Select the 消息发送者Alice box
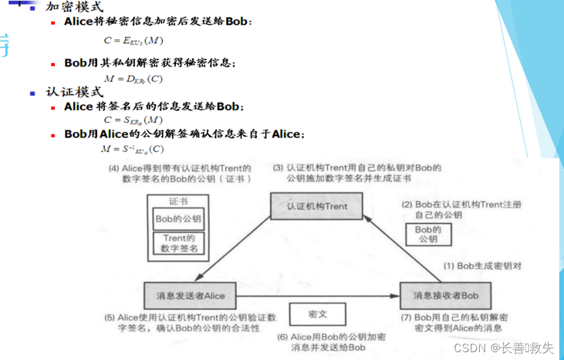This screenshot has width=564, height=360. click(190, 295)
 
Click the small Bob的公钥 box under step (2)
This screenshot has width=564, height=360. click(428, 234)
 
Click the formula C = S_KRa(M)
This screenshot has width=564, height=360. click(133, 120)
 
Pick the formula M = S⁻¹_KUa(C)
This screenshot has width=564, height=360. click(132, 149)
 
